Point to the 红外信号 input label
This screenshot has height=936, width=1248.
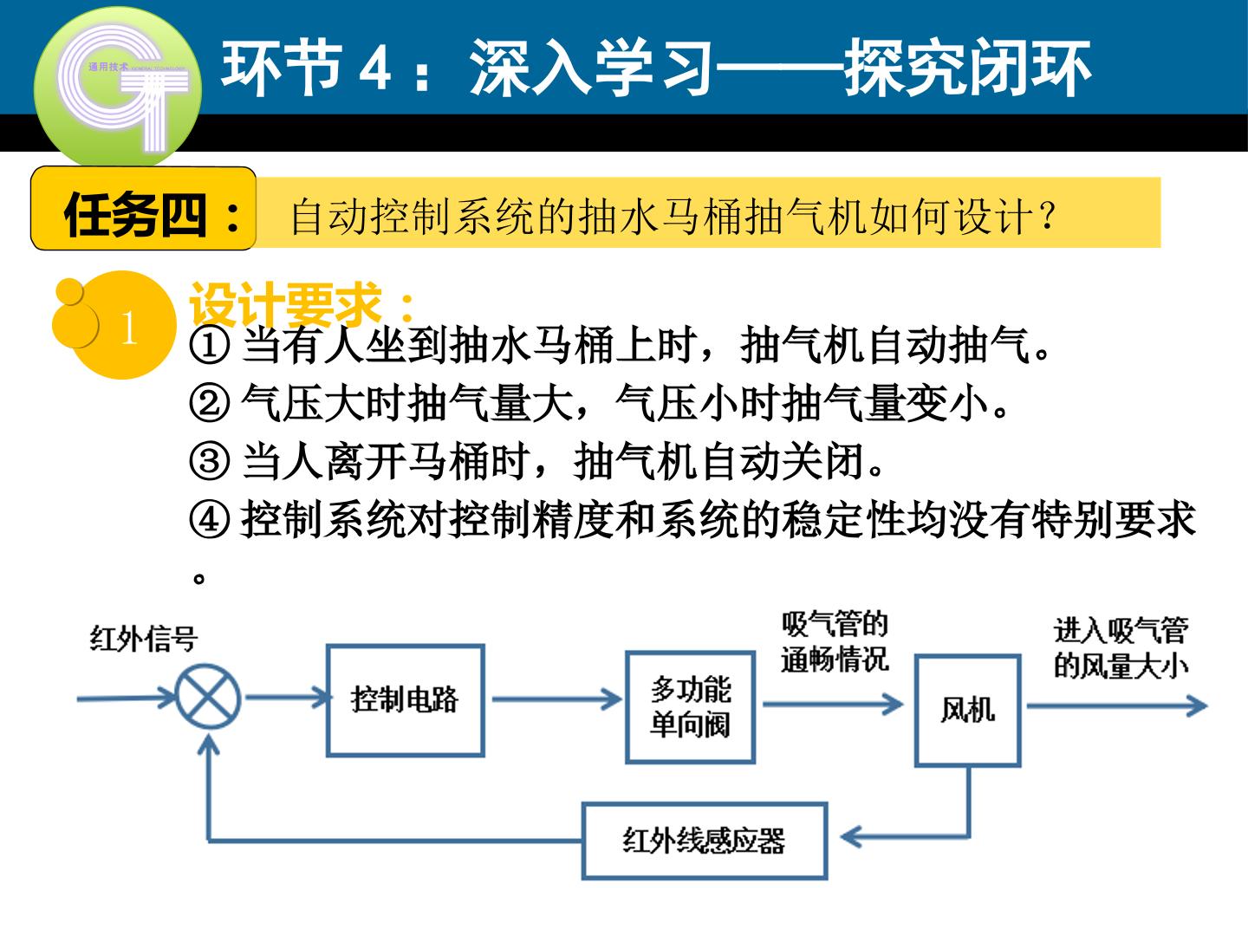point(144,638)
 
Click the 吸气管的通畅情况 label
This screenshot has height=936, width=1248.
point(835,642)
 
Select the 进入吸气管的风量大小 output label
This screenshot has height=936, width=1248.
point(1121,648)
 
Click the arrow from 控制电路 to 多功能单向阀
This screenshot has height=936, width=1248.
point(556,699)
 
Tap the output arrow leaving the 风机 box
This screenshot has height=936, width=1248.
point(1116,705)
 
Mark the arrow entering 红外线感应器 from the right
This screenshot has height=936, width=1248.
point(905,836)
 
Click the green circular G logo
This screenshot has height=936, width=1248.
point(118,88)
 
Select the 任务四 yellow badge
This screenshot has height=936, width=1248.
point(143,209)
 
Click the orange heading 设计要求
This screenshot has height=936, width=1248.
point(302,305)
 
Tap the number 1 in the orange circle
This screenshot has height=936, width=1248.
point(129,328)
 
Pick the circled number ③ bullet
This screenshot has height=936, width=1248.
point(210,461)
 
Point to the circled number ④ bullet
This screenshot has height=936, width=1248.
point(210,519)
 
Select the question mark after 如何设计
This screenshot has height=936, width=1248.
point(1046,216)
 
